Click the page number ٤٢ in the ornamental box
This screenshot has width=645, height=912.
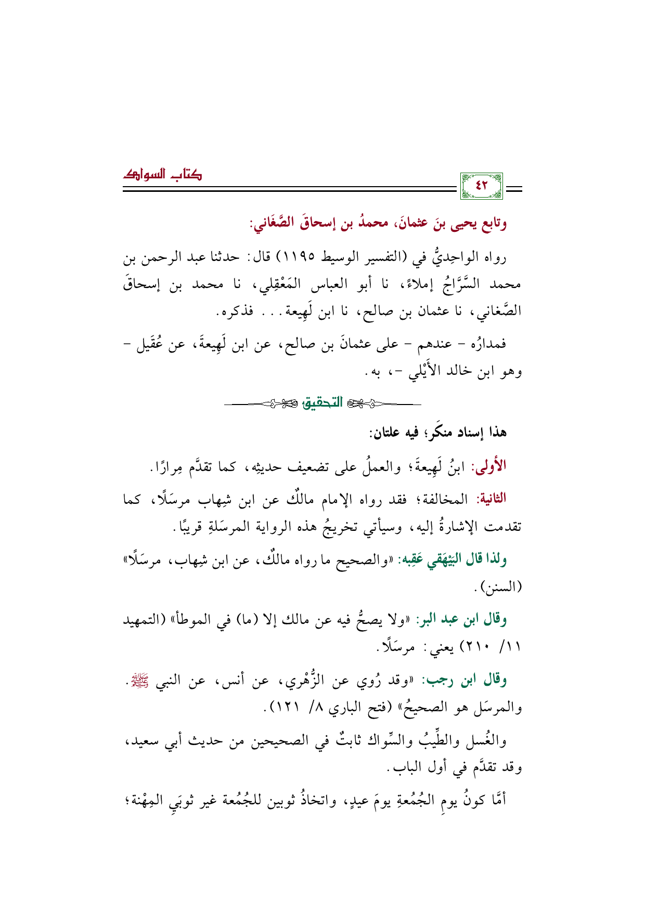[x=482, y=185]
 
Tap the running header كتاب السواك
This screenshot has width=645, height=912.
[x=162, y=175]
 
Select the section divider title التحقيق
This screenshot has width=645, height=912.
[x=322, y=402]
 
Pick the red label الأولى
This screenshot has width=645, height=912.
[x=489, y=466]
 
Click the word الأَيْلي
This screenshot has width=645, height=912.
[x=427, y=372]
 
